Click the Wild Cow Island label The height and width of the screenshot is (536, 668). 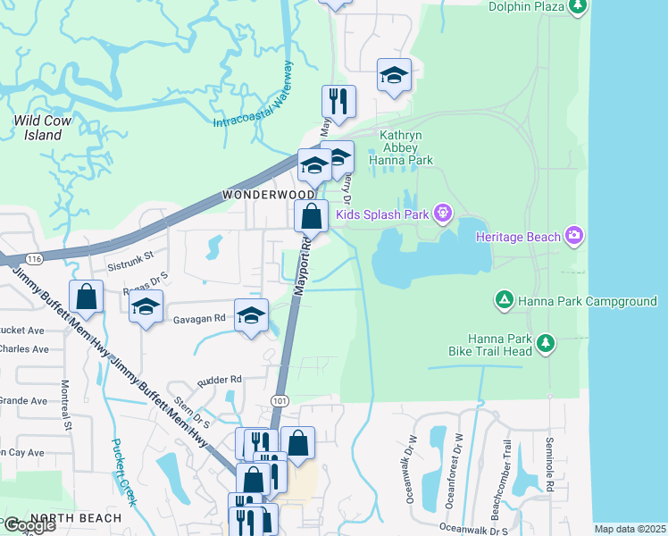click(x=38, y=127)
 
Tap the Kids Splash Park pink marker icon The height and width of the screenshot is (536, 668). click(x=441, y=214)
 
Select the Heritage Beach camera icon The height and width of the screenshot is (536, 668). click(x=573, y=236)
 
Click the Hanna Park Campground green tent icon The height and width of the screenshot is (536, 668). click(x=504, y=301)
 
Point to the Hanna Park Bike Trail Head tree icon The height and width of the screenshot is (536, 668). click(x=544, y=341)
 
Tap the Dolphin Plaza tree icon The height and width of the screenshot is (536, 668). click(x=578, y=7)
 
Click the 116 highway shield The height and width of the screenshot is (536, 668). click(x=33, y=258)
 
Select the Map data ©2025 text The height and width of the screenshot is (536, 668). click(x=630, y=529)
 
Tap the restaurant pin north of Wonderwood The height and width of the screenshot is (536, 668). click(x=338, y=100)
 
